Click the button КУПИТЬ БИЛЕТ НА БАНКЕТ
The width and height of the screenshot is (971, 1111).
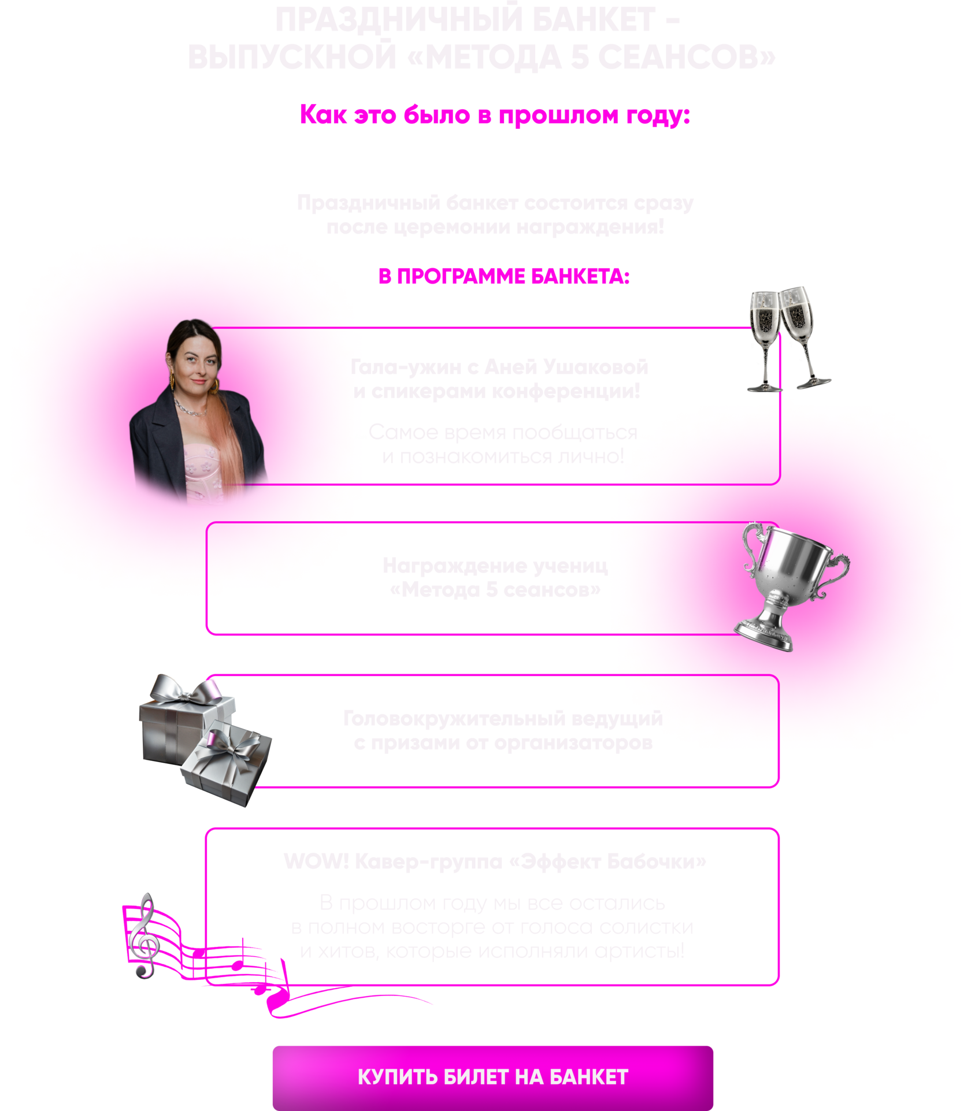coord(492,1077)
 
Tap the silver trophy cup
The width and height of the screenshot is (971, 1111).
coord(792,584)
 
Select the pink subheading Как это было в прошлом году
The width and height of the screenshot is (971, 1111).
coord(494,115)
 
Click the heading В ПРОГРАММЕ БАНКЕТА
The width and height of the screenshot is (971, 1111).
coord(503,277)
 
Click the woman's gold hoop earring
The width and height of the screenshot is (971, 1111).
coord(172,381)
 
